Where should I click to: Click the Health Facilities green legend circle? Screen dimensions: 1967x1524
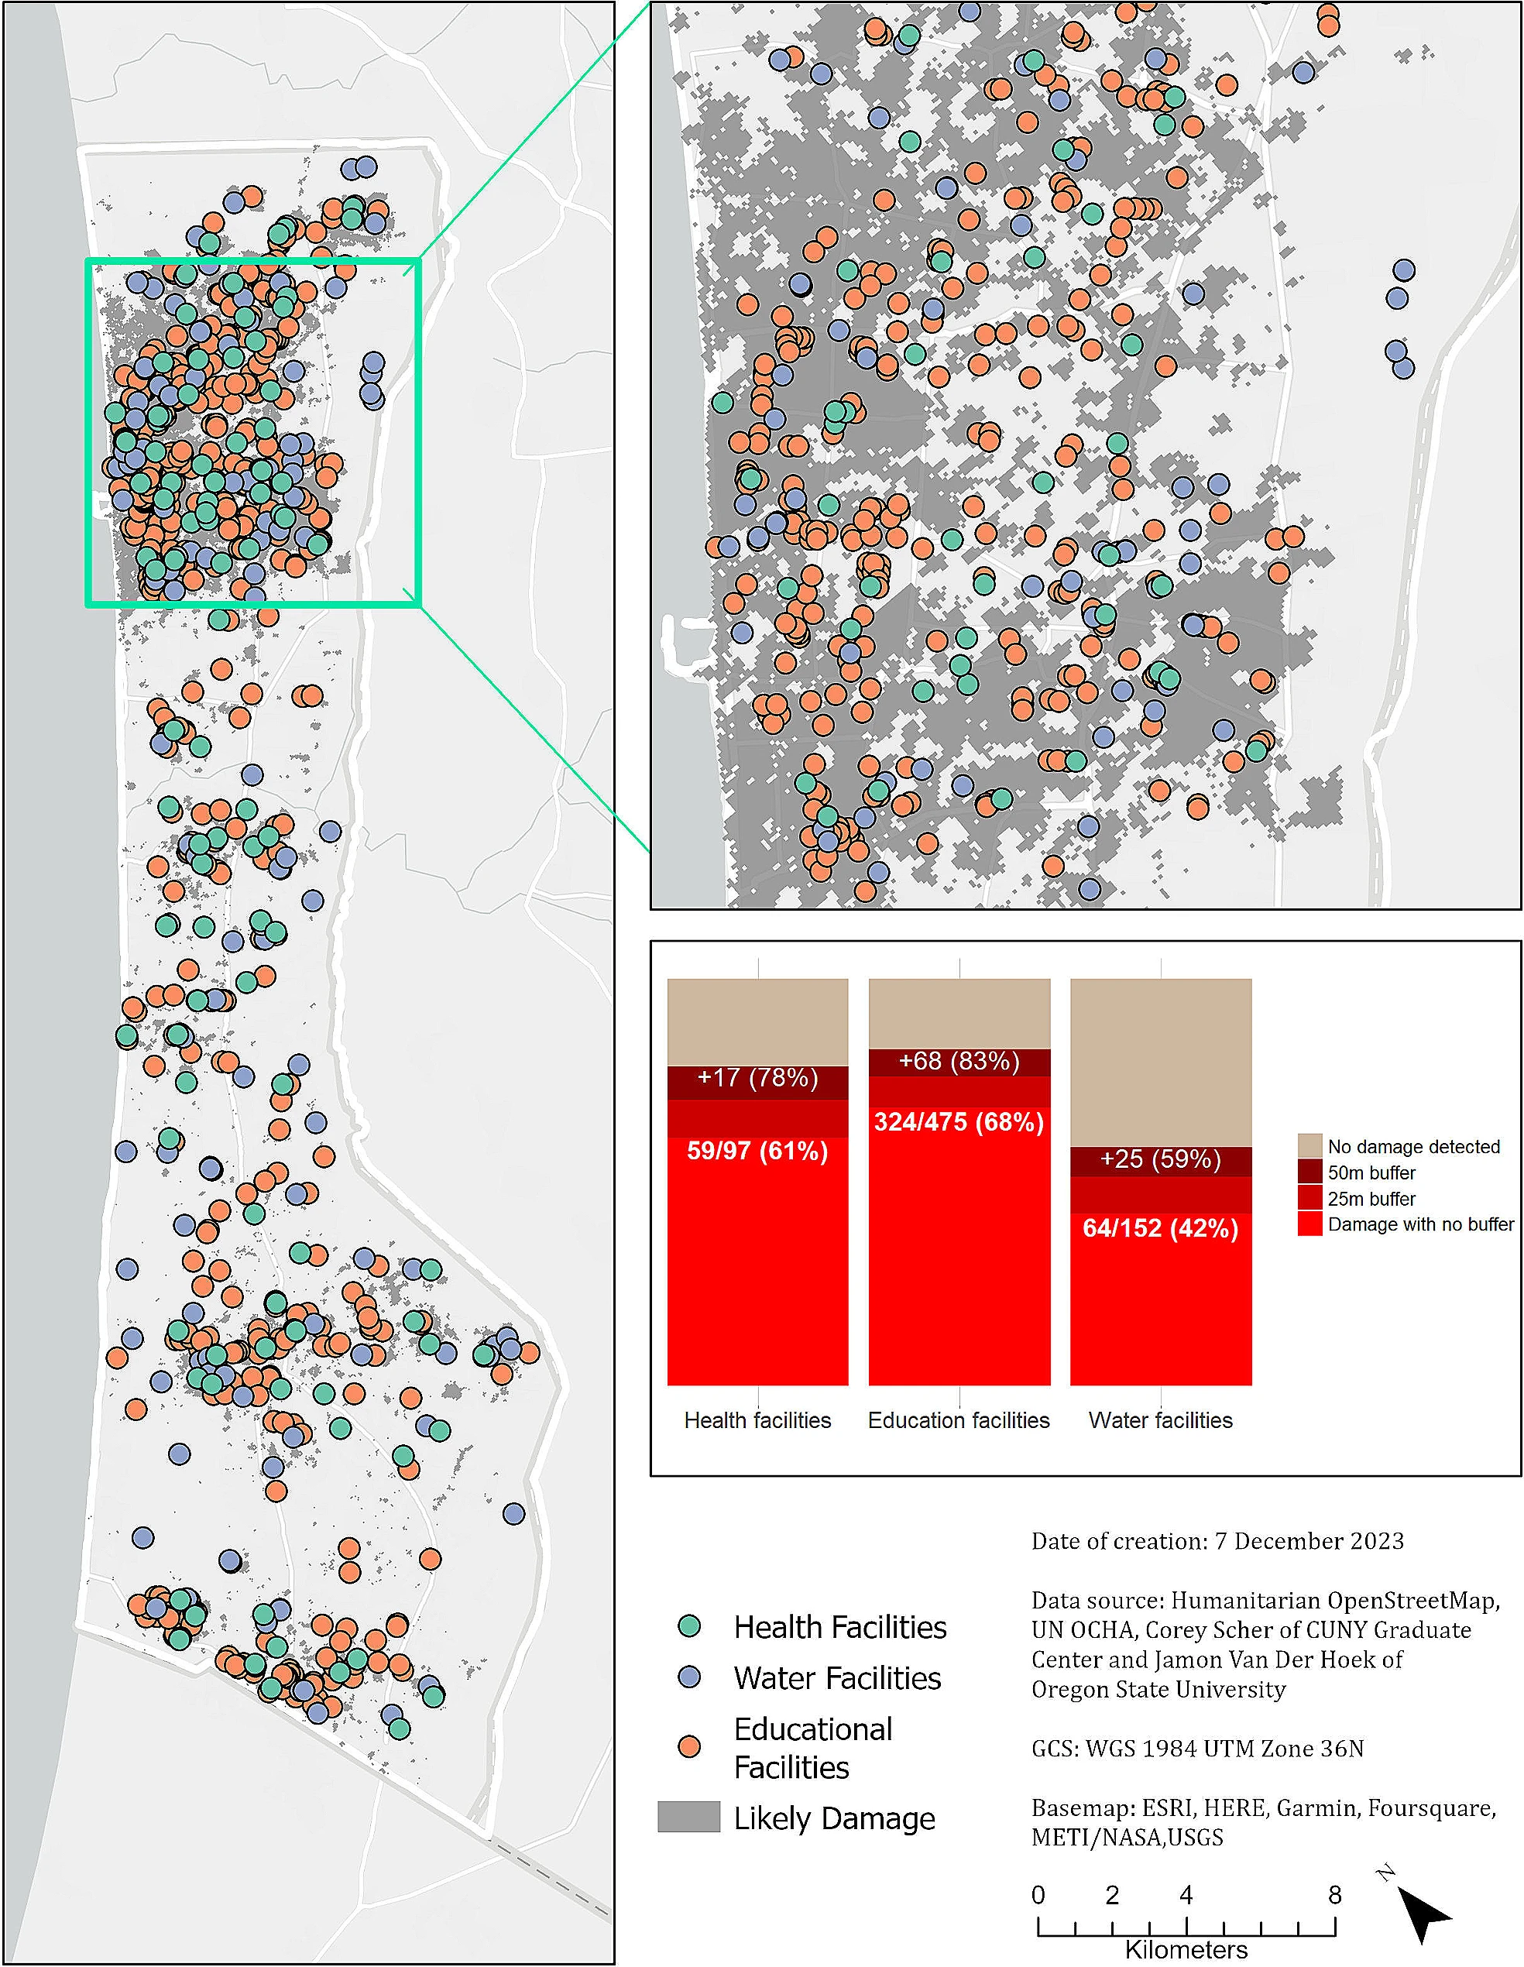point(689,1625)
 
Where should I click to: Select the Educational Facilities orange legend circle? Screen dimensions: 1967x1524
point(689,1746)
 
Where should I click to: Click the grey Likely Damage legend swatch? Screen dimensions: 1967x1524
point(689,1817)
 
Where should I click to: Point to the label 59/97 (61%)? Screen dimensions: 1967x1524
point(757,1151)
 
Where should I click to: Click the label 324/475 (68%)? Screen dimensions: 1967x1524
point(959,1122)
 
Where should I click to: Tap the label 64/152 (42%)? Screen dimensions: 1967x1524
point(1160,1228)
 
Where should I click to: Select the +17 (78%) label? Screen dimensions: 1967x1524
point(757,1078)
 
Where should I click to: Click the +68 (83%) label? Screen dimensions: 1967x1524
point(959,1061)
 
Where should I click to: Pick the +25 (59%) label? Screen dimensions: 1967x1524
point(1160,1159)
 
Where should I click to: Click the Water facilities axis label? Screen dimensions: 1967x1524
point(1160,1420)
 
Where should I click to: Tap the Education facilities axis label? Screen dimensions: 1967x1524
point(959,1420)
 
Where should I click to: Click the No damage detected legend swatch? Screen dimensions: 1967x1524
point(1309,1145)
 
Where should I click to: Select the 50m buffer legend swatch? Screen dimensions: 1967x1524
point(1309,1172)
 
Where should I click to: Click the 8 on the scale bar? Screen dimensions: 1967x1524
point(1334,1895)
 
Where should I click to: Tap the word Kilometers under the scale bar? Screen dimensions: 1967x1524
point(1186,1950)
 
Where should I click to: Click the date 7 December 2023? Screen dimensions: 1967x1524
point(1309,1541)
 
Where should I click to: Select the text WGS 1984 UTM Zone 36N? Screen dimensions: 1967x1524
point(1224,1748)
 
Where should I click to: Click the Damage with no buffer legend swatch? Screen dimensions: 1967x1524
point(1309,1223)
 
